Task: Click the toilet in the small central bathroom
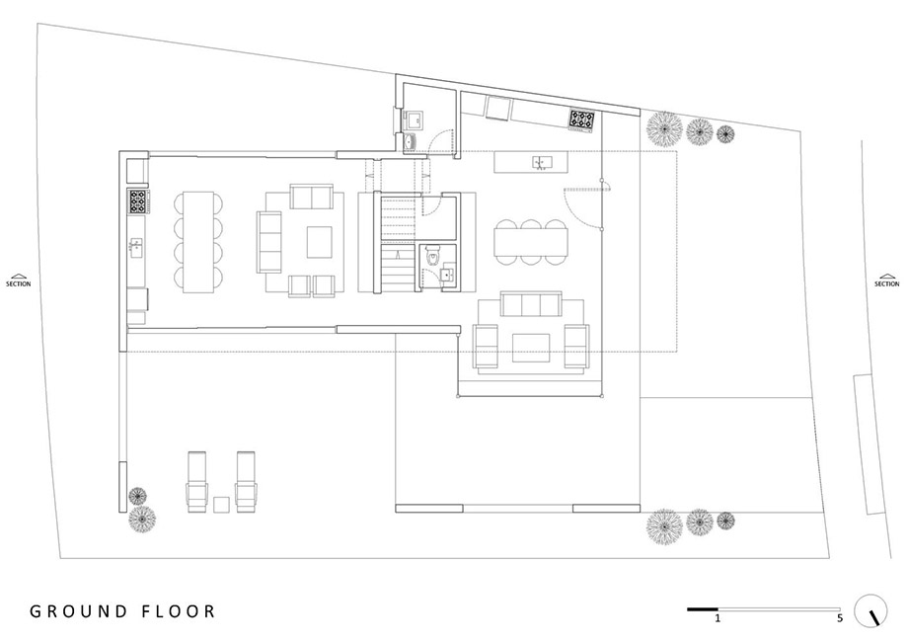pyautogui.click(x=432, y=256)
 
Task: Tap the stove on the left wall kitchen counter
pyautogui.click(x=139, y=201)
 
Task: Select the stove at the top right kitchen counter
pyautogui.click(x=581, y=120)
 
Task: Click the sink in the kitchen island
pyautogui.click(x=539, y=162)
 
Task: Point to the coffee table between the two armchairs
pyautogui.click(x=531, y=347)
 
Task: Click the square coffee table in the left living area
pyautogui.click(x=320, y=242)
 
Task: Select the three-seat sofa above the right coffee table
pyautogui.click(x=531, y=303)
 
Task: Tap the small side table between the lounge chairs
pyautogui.click(x=221, y=504)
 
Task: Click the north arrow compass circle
pyautogui.click(x=870, y=610)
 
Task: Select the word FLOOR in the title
pyautogui.click(x=179, y=611)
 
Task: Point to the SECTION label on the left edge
pyautogui.click(x=19, y=283)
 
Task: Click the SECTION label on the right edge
pyautogui.click(x=886, y=283)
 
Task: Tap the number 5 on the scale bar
pyautogui.click(x=840, y=618)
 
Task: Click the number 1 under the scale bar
pyautogui.click(x=718, y=618)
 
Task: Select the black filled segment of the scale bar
pyautogui.click(x=703, y=608)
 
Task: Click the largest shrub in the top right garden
pyautogui.click(x=664, y=129)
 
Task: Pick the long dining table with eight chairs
pyautogui.click(x=198, y=242)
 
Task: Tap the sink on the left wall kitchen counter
pyautogui.click(x=136, y=249)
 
